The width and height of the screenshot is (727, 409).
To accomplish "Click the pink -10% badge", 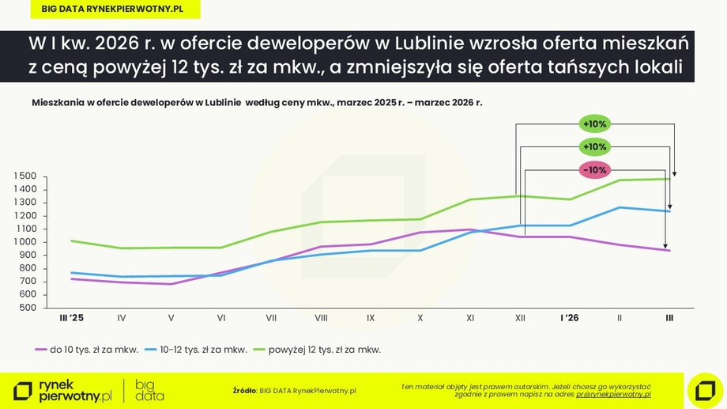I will [x=593, y=170].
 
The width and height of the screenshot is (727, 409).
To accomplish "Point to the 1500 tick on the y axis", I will [x=25, y=176].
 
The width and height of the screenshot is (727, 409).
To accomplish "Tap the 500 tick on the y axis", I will [x=28, y=307].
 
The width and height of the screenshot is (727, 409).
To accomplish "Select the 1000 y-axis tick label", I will [x=25, y=241].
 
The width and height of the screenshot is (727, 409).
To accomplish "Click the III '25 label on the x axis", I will [x=71, y=318].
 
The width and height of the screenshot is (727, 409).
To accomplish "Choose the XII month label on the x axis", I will [x=520, y=318].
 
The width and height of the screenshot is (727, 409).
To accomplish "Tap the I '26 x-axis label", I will [x=569, y=318].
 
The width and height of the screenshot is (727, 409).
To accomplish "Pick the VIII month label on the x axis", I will [x=321, y=318].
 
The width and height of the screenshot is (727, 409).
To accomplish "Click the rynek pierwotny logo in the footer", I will [x=63, y=390].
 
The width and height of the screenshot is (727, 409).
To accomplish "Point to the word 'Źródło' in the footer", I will [x=245, y=390].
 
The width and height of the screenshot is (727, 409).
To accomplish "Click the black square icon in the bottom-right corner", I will [x=705, y=390].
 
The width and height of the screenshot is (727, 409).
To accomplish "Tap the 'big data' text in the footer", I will [x=149, y=390].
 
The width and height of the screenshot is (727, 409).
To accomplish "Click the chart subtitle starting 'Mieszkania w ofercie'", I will [x=257, y=104].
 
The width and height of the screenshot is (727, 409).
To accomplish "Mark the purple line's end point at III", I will [x=669, y=250].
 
